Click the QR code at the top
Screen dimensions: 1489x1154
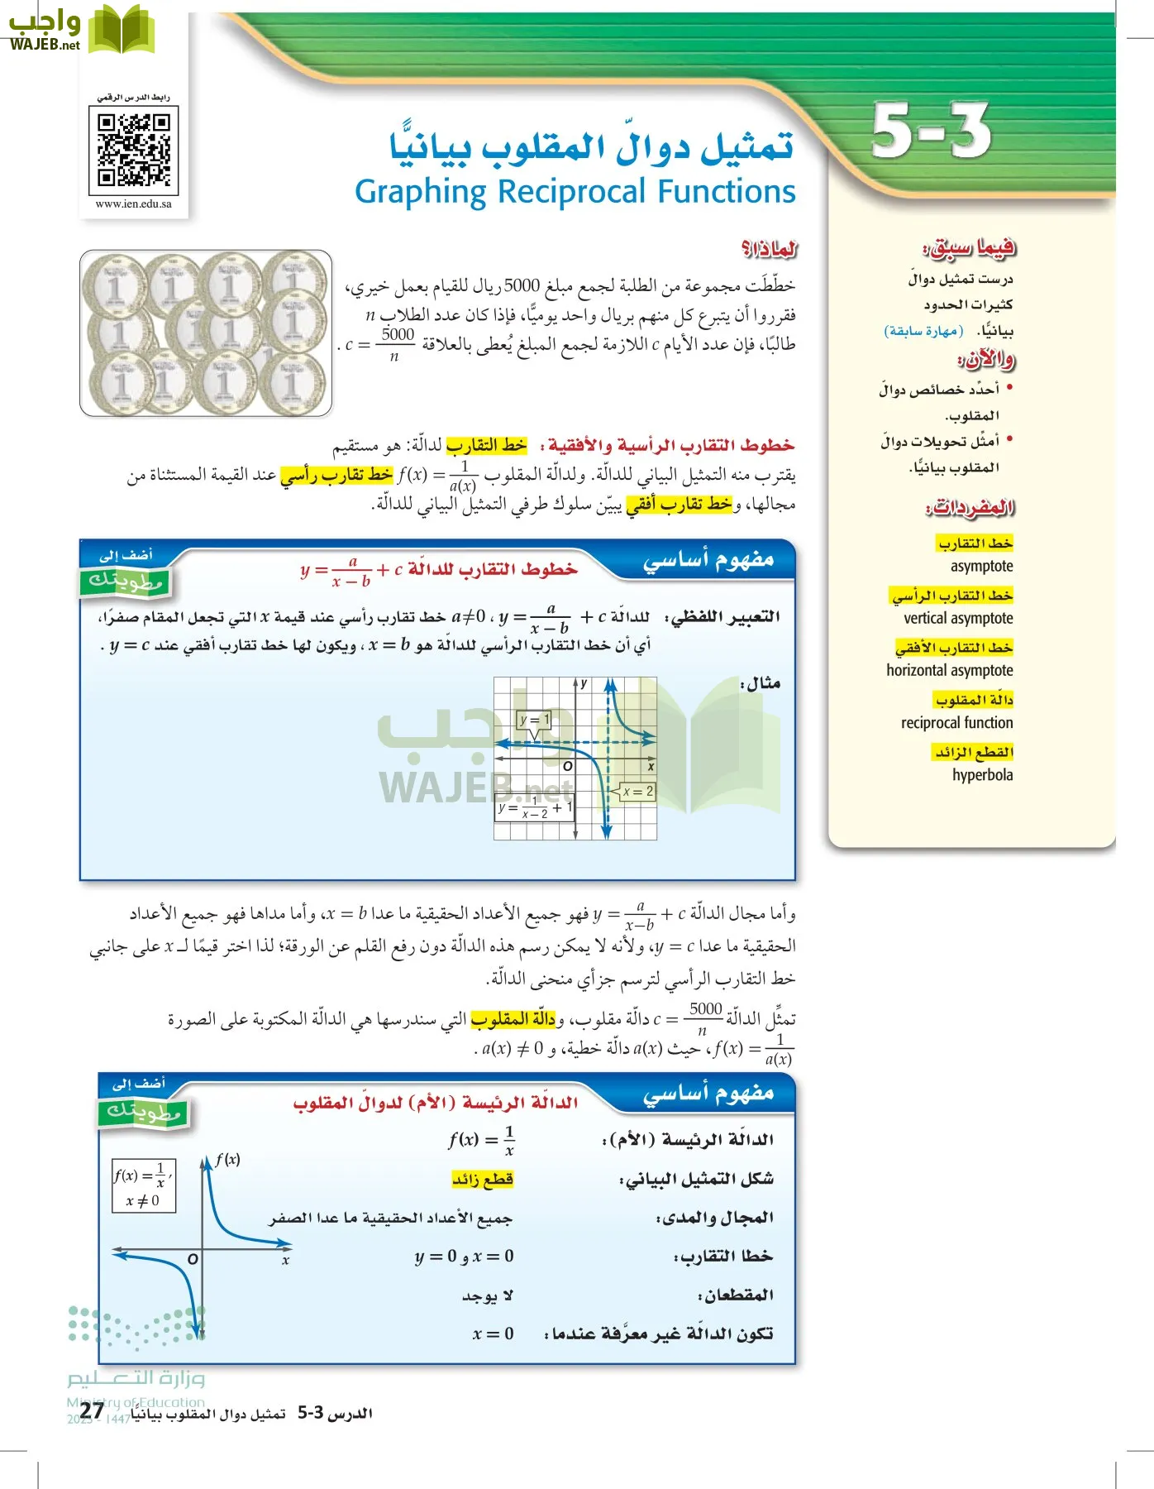click(x=133, y=150)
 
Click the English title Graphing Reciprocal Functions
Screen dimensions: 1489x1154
click(x=575, y=192)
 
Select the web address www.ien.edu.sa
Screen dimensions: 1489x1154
click(x=133, y=204)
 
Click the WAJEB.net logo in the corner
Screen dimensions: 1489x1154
click(x=79, y=29)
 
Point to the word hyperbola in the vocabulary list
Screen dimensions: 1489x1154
click(x=982, y=775)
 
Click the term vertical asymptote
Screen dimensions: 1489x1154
click(x=958, y=618)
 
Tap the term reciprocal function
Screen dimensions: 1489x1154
click(x=956, y=722)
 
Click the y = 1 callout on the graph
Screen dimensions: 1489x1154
click(x=534, y=721)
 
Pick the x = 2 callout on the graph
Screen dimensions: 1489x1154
click(x=637, y=792)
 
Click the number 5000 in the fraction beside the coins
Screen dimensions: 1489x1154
click(x=398, y=334)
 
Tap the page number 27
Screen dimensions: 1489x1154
click(x=93, y=1410)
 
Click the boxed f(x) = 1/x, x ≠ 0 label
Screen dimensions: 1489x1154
click(x=143, y=1185)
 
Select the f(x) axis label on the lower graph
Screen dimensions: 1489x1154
click(x=227, y=1160)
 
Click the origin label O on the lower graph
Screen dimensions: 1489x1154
click(x=192, y=1259)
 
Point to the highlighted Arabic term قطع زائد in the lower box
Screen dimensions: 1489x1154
click(x=483, y=1179)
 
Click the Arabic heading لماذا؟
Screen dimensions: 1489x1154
click(x=769, y=249)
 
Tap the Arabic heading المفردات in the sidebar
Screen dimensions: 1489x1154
click(x=970, y=507)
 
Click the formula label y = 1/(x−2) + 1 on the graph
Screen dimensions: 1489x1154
click(x=535, y=808)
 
